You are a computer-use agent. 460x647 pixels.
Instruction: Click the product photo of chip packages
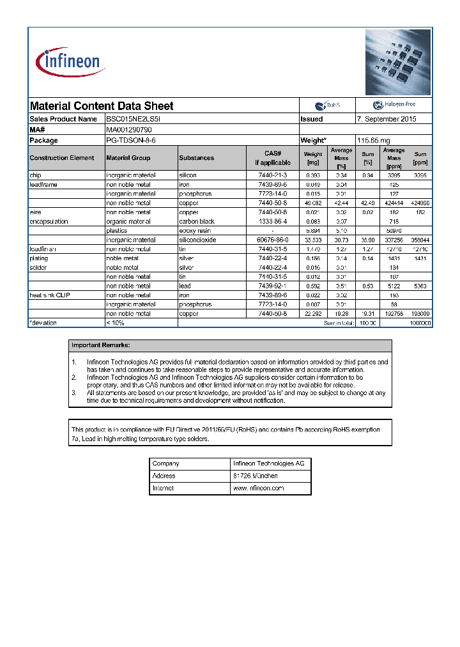pyautogui.click(x=398, y=62)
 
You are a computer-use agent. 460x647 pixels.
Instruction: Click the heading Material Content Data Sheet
pyautogui.click(x=102, y=106)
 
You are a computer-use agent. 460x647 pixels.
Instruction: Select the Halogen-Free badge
pyautogui.click(x=394, y=105)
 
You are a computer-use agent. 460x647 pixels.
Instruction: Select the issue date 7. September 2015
pyautogui.click(x=387, y=119)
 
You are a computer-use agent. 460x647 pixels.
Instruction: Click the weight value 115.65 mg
pyautogui.click(x=373, y=140)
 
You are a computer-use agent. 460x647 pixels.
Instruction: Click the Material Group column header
pyautogui.click(x=128, y=158)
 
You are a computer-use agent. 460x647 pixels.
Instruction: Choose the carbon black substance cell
pyautogui.click(x=197, y=221)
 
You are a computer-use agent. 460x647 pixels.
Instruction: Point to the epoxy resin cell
pyautogui.click(x=195, y=231)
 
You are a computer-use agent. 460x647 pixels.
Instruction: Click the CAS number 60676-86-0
pyautogui.click(x=272, y=240)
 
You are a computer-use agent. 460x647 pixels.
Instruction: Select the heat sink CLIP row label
pyautogui.click(x=50, y=295)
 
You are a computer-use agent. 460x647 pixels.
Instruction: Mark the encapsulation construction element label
pyautogui.click(x=49, y=221)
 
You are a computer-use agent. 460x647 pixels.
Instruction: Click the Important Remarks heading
pyautogui.click(x=100, y=345)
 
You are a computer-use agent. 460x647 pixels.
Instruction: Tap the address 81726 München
pyautogui.click(x=255, y=476)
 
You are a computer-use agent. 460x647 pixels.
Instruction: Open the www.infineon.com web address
pyautogui.click(x=258, y=488)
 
